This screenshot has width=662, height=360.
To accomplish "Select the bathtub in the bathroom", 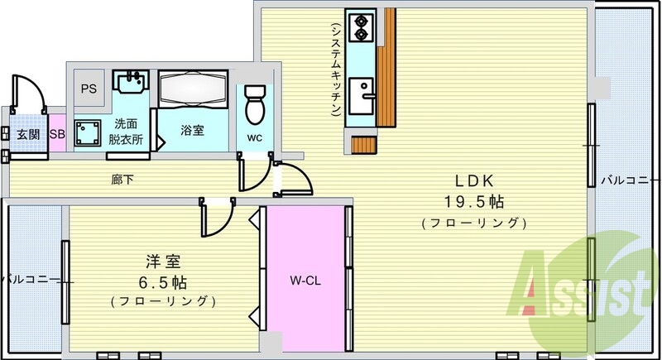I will point(193,90).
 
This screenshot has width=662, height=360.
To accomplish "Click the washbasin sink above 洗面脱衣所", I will point(130,83).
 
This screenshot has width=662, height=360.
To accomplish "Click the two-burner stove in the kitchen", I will point(360,31).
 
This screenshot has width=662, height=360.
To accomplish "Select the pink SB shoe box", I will point(57,134).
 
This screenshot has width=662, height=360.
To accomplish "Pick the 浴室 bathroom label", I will point(193,130).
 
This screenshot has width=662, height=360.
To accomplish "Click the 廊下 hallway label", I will point(124,178).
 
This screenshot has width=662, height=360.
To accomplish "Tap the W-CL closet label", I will point(306,281).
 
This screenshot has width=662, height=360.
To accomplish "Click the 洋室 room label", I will point(162,261).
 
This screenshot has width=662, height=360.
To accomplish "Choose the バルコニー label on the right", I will point(630,179).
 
